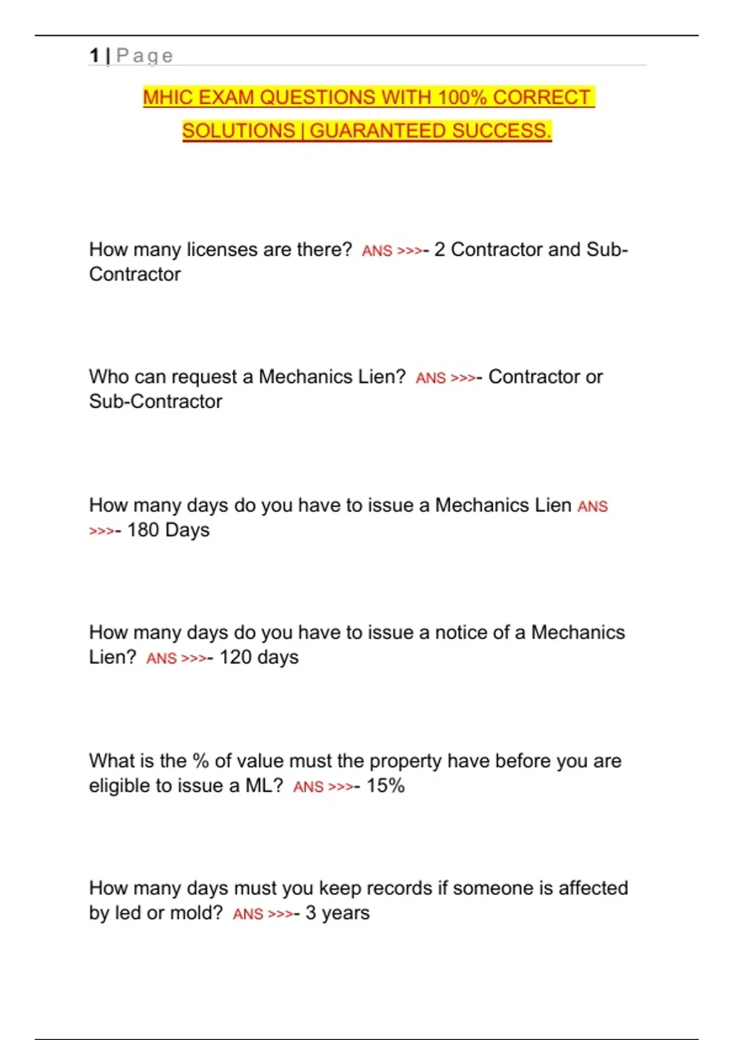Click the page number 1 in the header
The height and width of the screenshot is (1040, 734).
click(94, 56)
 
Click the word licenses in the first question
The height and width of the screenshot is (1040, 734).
click(222, 250)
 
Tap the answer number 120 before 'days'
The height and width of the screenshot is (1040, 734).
click(235, 657)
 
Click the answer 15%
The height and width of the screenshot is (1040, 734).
click(385, 786)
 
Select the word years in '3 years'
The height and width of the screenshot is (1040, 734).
click(346, 913)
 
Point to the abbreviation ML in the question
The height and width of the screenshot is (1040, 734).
click(261, 786)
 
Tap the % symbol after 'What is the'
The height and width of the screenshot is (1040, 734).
click(201, 761)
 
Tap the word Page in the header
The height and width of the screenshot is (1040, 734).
click(144, 56)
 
